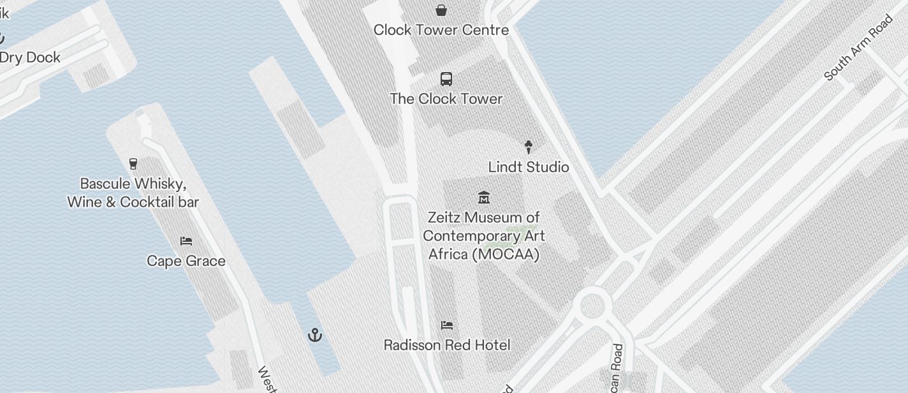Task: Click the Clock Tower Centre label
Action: (x=441, y=30)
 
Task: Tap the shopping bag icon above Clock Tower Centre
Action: (x=441, y=10)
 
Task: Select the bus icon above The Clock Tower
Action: (x=446, y=79)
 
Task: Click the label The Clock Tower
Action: (x=446, y=99)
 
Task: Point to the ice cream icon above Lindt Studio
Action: (x=529, y=147)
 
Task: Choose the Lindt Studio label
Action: (x=529, y=167)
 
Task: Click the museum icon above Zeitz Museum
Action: (x=484, y=198)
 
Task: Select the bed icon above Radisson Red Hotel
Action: (x=447, y=325)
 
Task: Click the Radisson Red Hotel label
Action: (x=447, y=345)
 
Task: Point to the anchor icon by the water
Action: (x=315, y=335)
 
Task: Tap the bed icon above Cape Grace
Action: (x=186, y=241)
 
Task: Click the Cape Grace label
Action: (x=186, y=261)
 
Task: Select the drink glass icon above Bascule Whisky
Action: (x=133, y=164)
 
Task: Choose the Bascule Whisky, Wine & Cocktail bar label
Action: (x=133, y=193)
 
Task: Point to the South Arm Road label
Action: (x=858, y=48)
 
